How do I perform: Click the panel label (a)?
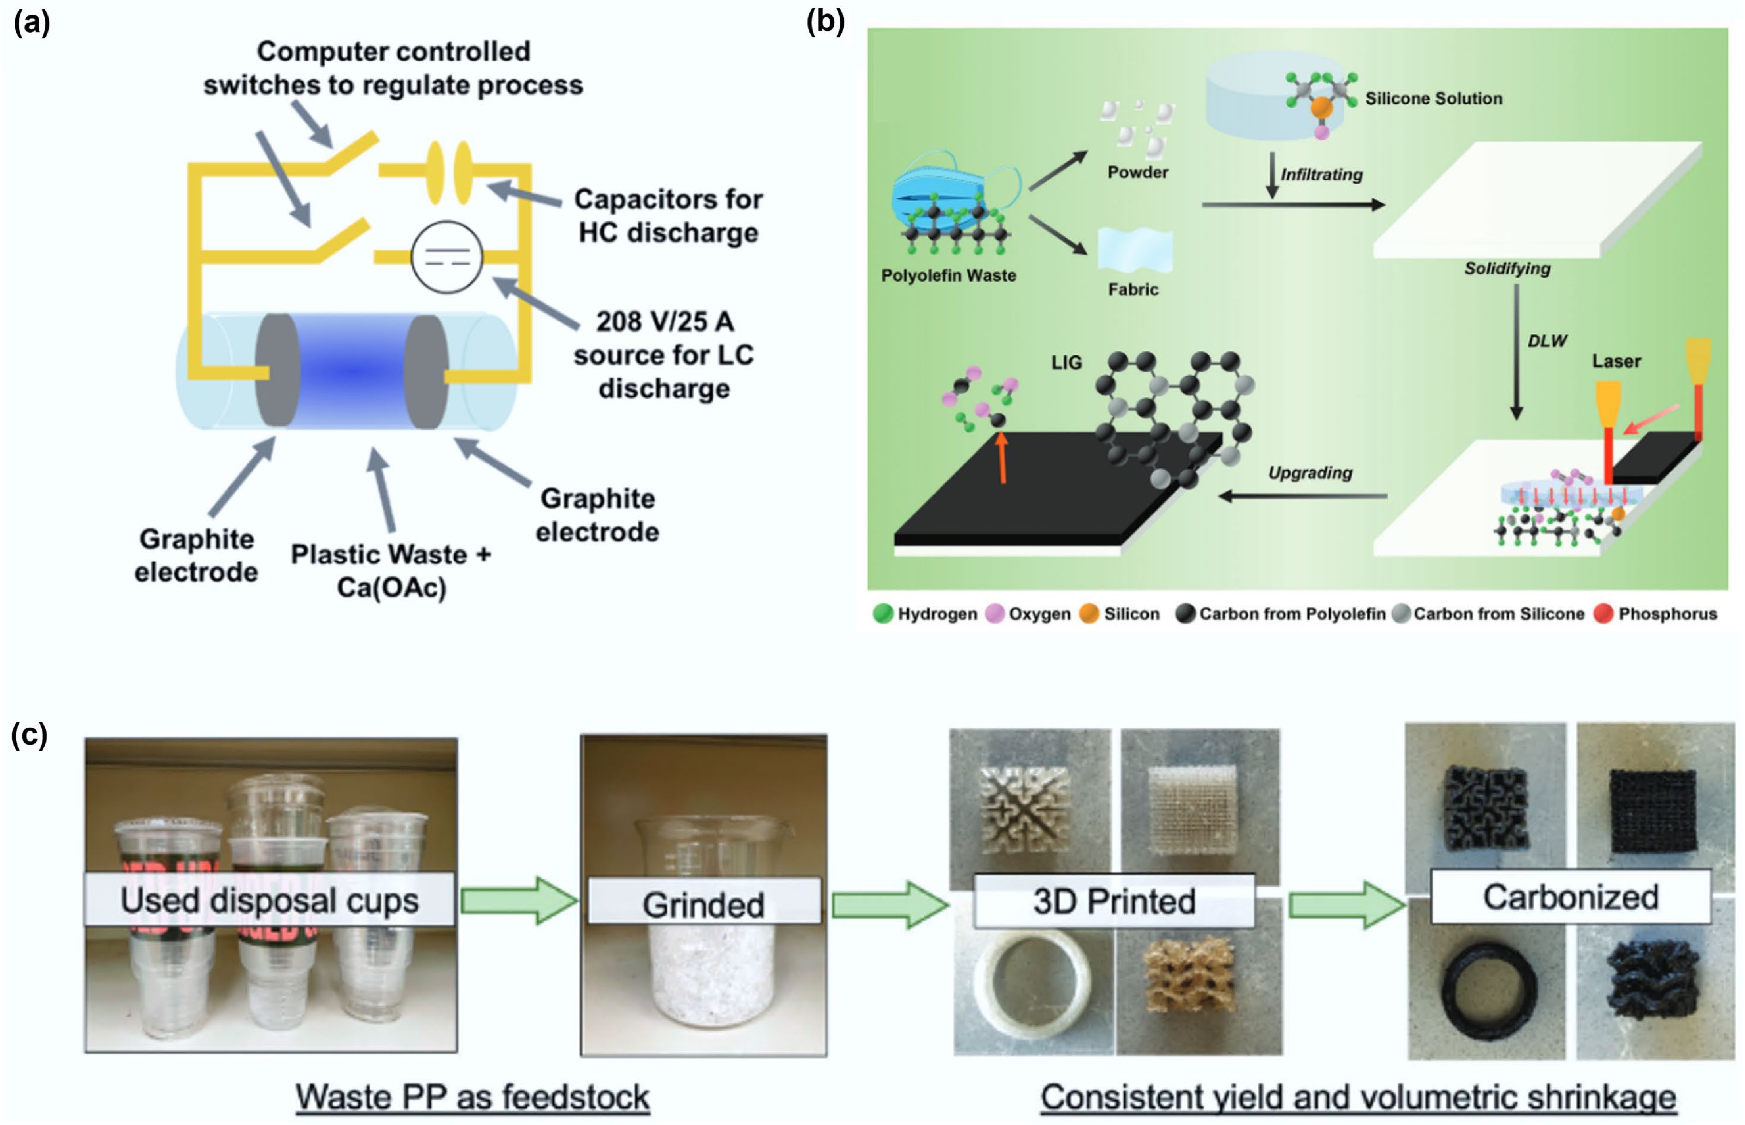(x=31, y=24)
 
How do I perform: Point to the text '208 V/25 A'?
(x=664, y=321)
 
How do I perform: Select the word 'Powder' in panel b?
(x=1137, y=172)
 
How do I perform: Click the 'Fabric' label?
(x=1133, y=289)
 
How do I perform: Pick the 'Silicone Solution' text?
(x=1433, y=99)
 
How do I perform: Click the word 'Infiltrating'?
(x=1321, y=175)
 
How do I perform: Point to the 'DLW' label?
(x=1547, y=341)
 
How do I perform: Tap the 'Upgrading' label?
(x=1310, y=473)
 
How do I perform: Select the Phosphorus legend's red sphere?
(x=1603, y=613)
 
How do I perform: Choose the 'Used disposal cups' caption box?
(x=270, y=900)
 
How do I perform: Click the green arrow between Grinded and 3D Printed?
(x=889, y=904)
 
